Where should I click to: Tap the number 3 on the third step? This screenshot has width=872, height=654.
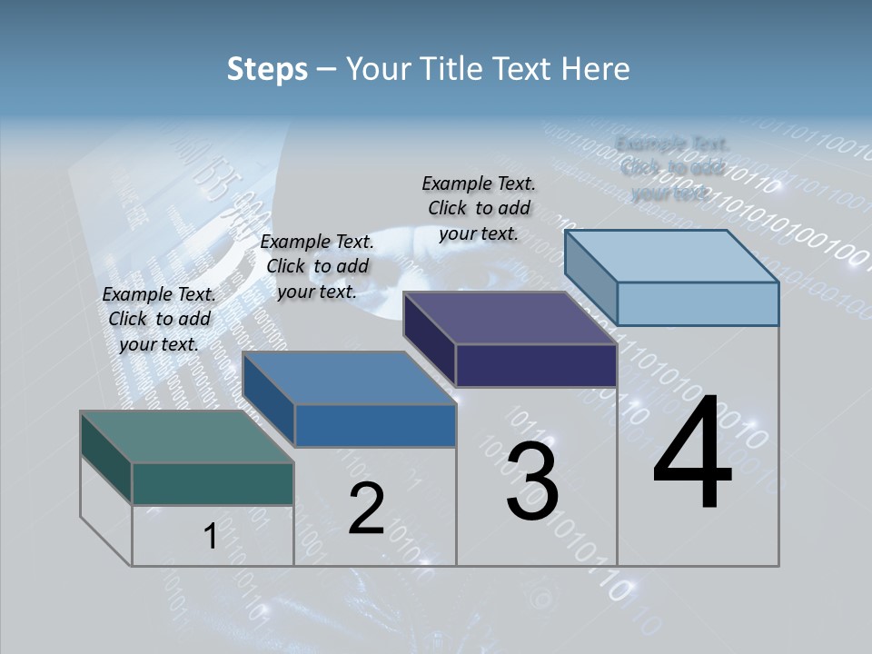[x=532, y=482]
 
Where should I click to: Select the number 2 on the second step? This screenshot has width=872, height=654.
[x=367, y=510]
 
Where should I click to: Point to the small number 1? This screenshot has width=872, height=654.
[x=210, y=537]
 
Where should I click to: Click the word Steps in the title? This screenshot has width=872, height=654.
[x=267, y=69]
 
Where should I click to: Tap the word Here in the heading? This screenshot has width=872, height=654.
[x=594, y=69]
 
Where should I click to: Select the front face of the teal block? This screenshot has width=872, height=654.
[x=213, y=483]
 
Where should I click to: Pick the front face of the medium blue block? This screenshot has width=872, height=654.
[x=375, y=425]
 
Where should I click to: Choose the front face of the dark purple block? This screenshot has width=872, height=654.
[x=536, y=365]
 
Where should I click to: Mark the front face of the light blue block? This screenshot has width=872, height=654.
[x=698, y=303]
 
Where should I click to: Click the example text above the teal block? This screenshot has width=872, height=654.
[x=159, y=319]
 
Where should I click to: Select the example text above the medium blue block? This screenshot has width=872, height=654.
[x=317, y=266]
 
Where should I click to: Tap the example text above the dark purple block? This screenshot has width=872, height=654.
[x=479, y=208]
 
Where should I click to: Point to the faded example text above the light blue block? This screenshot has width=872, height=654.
[x=672, y=168]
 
